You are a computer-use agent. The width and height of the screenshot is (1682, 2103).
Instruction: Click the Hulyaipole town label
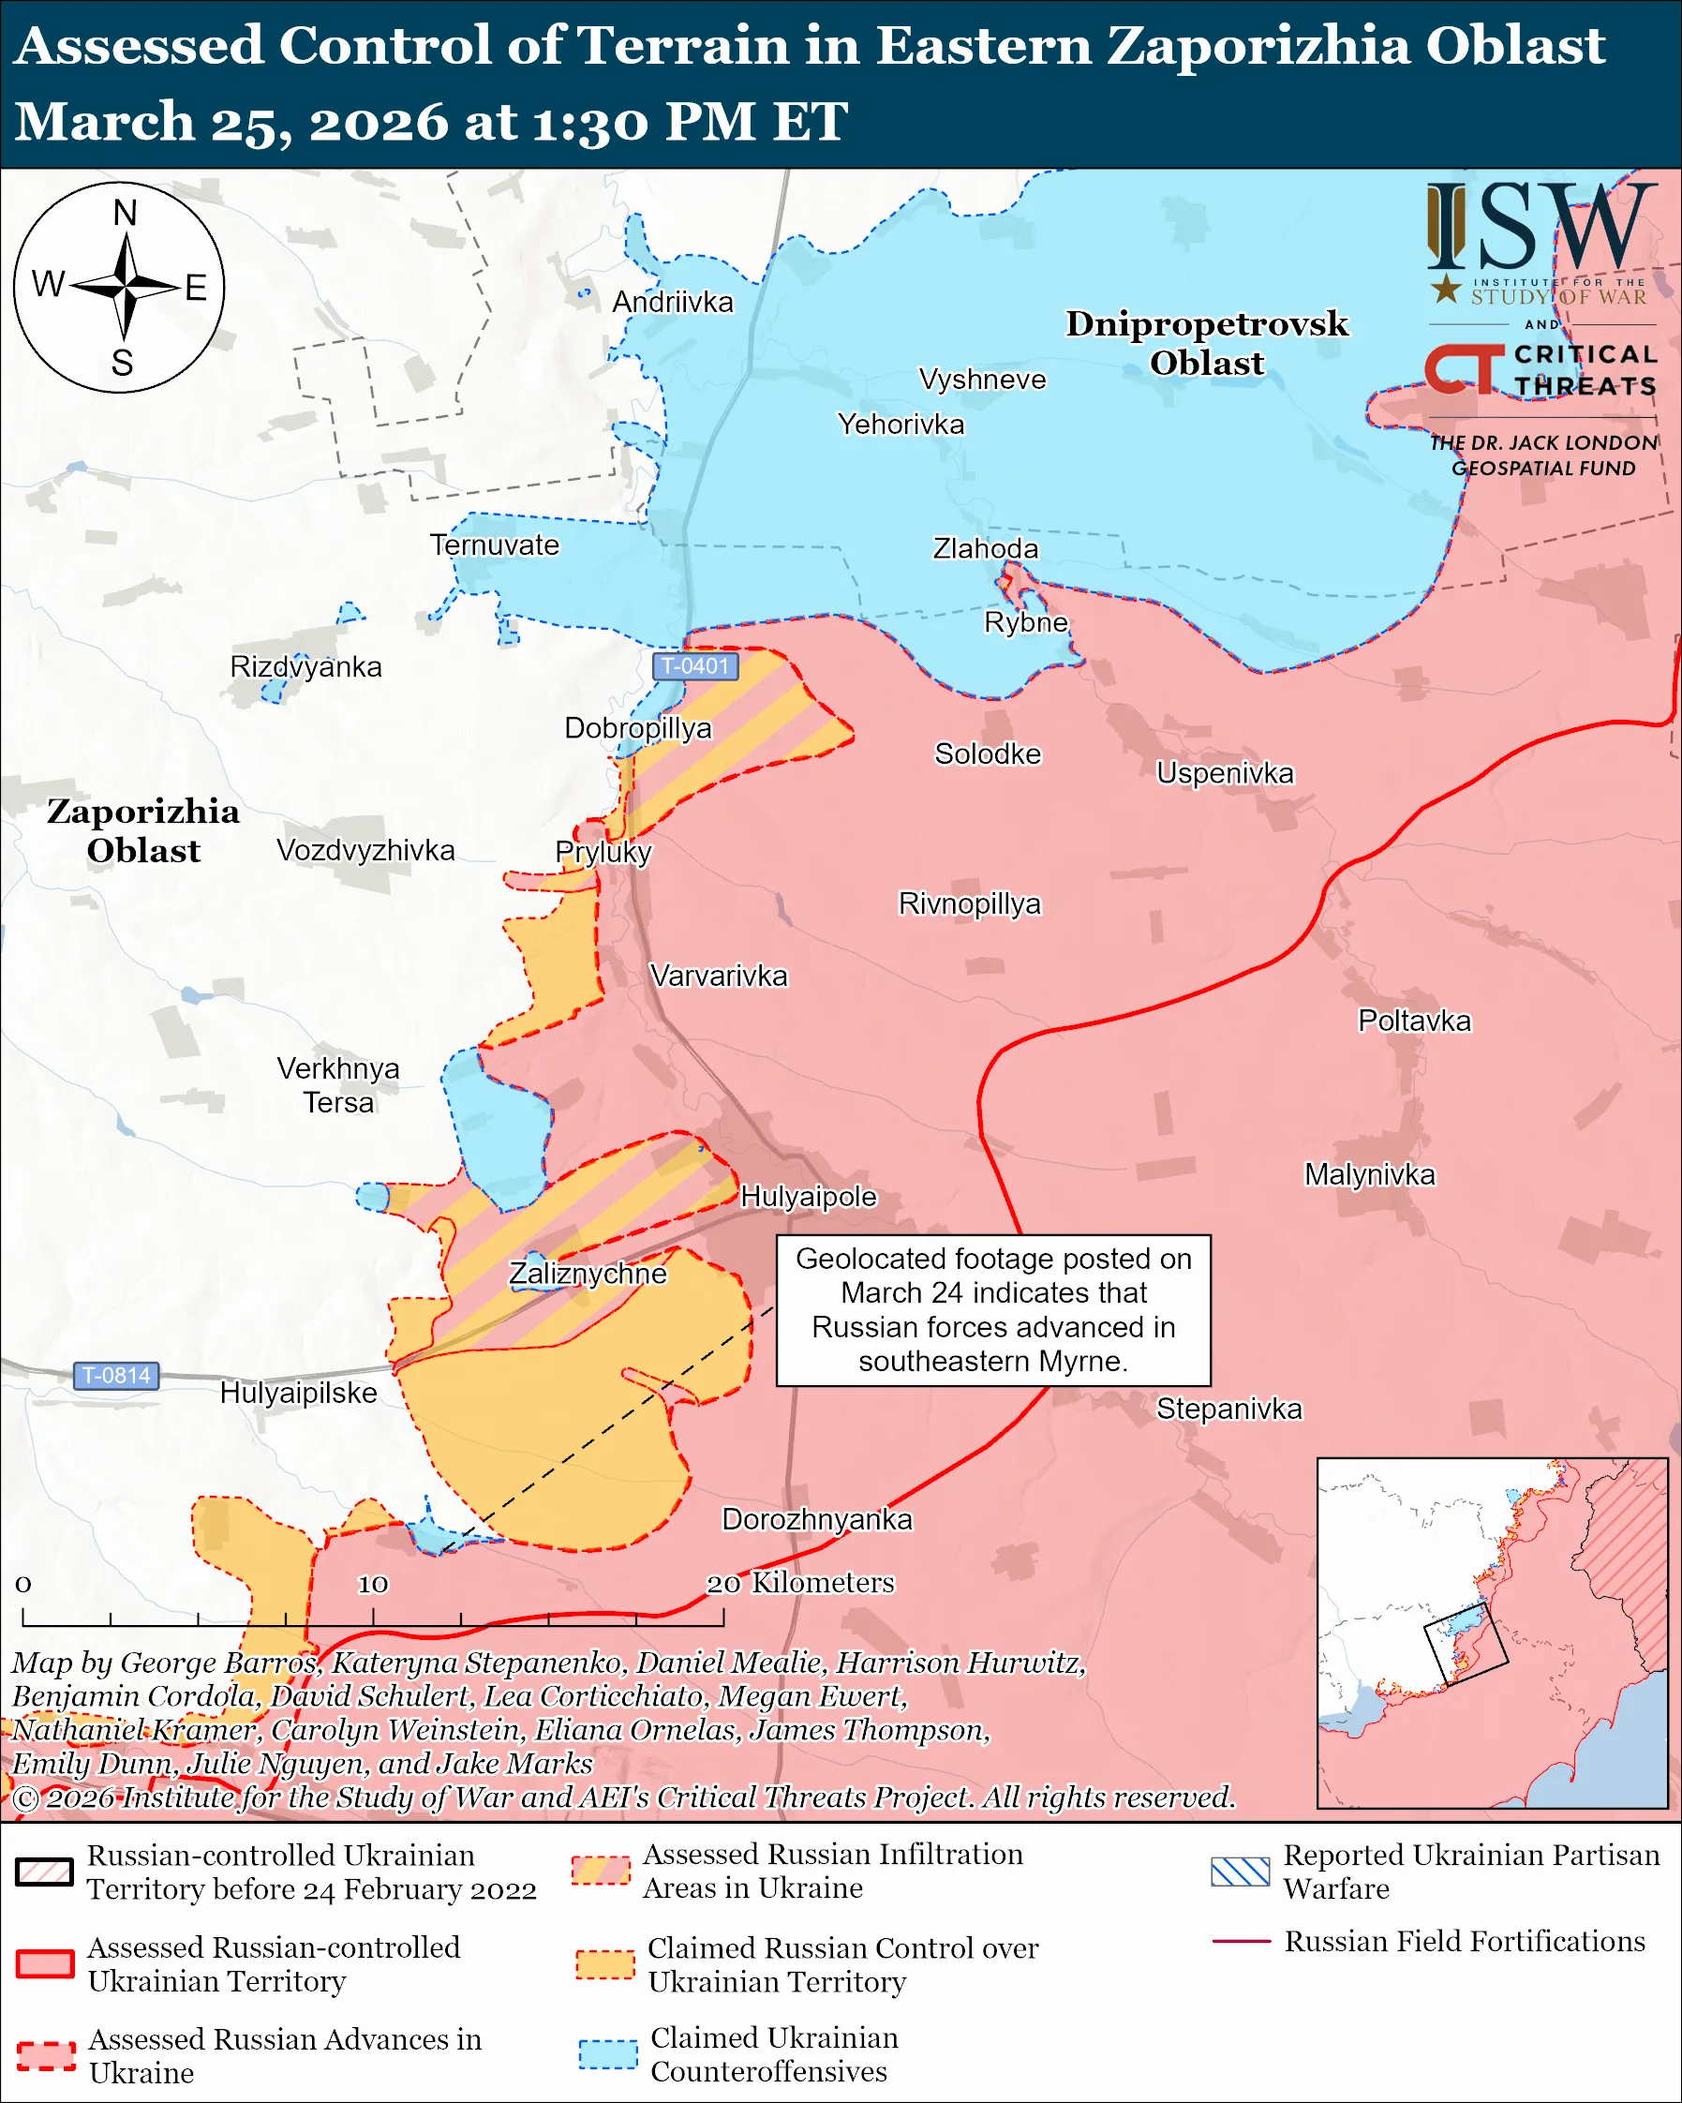809,1197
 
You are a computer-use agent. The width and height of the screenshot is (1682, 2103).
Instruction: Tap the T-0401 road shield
694,666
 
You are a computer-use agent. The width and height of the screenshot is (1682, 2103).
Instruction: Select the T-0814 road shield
116,1376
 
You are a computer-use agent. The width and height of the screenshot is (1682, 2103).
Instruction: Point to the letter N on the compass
125,213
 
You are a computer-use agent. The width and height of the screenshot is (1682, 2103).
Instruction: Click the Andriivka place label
672,303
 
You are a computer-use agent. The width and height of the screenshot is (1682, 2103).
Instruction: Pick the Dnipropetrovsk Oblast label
1206,342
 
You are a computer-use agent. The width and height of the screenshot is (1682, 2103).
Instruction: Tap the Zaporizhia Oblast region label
143,830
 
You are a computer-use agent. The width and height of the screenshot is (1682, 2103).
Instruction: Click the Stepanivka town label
1228,1409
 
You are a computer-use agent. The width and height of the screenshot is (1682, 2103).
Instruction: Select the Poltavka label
1414,1022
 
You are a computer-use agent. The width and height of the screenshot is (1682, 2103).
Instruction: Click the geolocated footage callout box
992,1310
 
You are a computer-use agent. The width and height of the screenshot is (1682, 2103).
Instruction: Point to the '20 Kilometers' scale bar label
800,1582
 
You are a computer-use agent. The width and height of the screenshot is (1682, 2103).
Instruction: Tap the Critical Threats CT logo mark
1464,368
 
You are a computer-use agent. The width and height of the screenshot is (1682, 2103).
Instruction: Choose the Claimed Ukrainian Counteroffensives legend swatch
607,2054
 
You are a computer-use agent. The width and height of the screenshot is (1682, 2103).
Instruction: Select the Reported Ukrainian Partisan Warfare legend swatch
1241,1872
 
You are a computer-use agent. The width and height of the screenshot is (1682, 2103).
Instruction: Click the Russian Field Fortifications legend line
1241,1941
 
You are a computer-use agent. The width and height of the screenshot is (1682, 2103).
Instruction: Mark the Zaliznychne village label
588,1274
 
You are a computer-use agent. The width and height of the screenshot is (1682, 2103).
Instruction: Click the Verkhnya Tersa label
337,1084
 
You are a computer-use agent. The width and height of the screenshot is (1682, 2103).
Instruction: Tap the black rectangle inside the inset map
1466,1644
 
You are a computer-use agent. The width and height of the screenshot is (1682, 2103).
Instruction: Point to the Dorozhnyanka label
816,1520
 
